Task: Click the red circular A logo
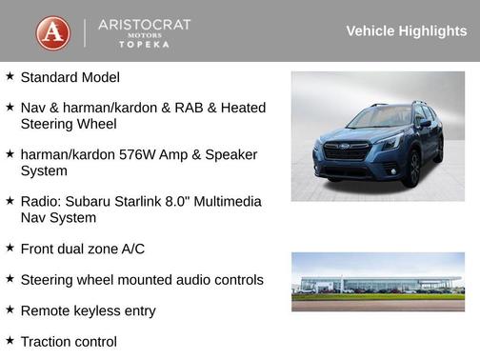53,32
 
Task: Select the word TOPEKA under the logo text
145,45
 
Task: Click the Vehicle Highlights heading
406,31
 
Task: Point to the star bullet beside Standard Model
10,76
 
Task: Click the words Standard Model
70,77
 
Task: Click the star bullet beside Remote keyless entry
10,310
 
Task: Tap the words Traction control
69,342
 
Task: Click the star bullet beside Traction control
10,341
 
